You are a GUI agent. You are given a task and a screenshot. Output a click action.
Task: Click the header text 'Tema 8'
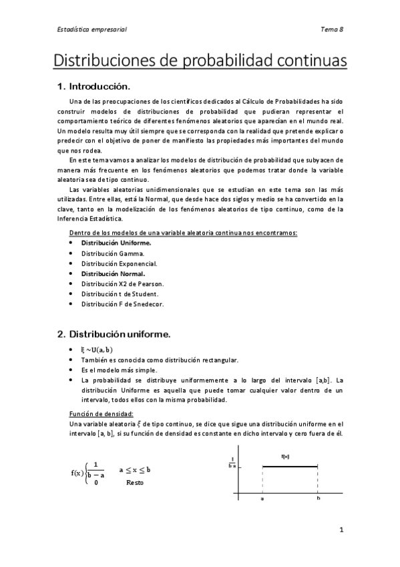point(331,29)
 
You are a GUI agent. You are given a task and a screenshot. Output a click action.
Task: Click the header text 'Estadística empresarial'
point(90,29)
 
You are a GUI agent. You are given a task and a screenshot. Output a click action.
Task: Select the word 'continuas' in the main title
point(309,61)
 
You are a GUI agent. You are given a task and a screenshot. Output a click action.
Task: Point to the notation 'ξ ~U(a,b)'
point(97,349)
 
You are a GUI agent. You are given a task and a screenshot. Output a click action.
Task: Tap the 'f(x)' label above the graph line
point(285,457)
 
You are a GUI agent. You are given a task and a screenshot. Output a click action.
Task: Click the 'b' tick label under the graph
point(318,499)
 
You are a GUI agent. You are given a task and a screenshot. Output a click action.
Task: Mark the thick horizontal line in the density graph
point(290,467)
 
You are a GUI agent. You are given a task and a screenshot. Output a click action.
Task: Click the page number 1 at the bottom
point(341,531)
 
